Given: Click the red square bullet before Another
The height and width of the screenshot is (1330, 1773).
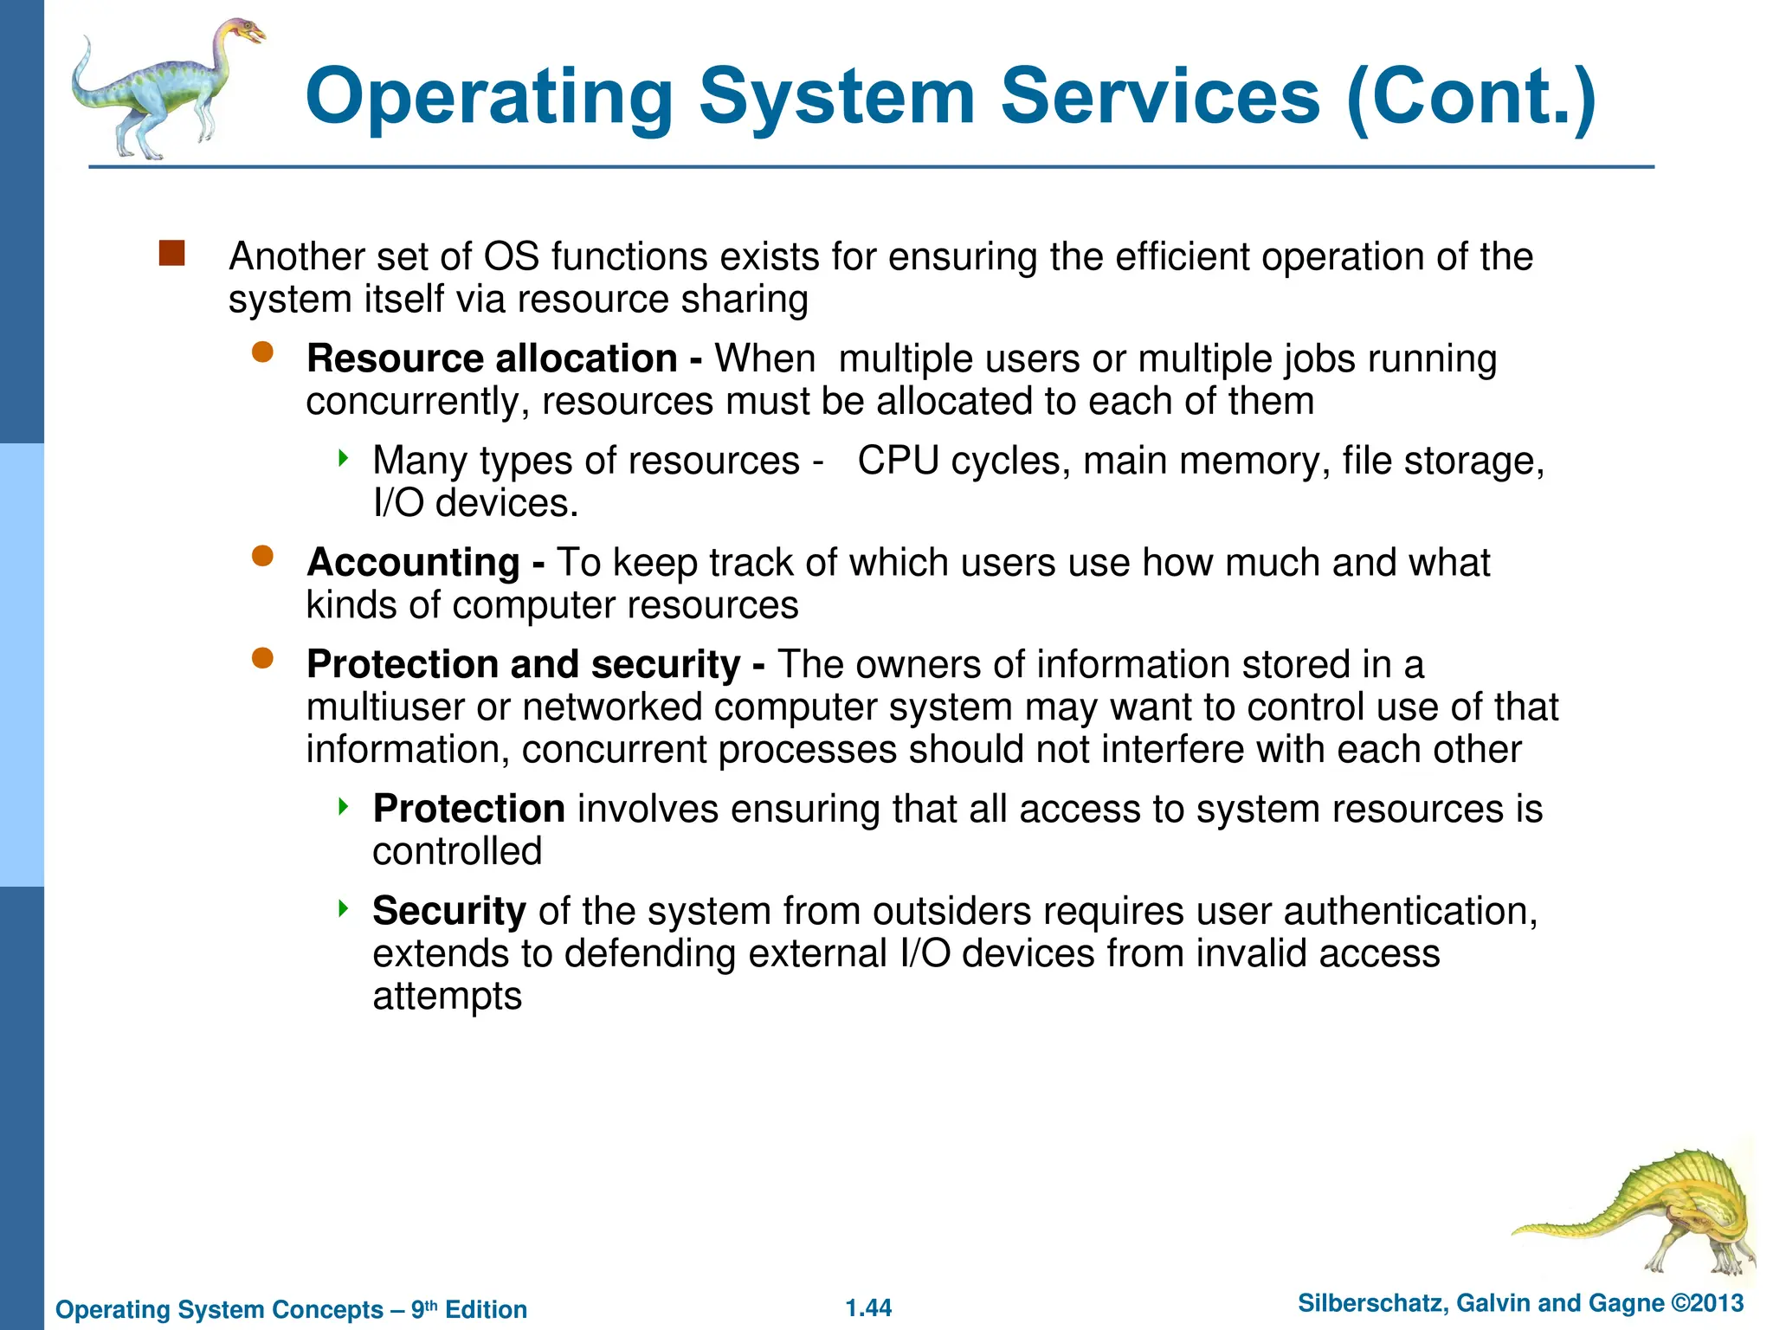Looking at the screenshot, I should tap(171, 254).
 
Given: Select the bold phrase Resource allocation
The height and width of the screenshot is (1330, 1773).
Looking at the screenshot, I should tap(492, 358).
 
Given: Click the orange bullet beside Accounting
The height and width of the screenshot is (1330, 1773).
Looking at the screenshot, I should tap(262, 556).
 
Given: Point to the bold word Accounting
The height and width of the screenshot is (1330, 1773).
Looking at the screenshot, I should tap(413, 563).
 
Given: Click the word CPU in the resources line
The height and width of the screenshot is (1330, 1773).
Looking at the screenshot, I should tap(898, 461).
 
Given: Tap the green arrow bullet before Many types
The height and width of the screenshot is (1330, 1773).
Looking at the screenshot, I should tap(344, 456).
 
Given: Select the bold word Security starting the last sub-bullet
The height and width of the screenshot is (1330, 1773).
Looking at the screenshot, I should tap(448, 911).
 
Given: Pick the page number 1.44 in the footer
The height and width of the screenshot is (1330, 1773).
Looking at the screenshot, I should tap(868, 1307).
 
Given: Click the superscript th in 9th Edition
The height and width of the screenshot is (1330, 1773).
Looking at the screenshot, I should tap(431, 1304).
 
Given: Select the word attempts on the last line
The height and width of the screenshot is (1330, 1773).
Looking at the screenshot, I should tap(447, 996).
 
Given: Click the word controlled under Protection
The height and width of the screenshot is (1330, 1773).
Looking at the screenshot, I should tap(457, 851).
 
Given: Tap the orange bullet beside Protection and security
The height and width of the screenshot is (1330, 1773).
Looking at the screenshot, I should tap(262, 658).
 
